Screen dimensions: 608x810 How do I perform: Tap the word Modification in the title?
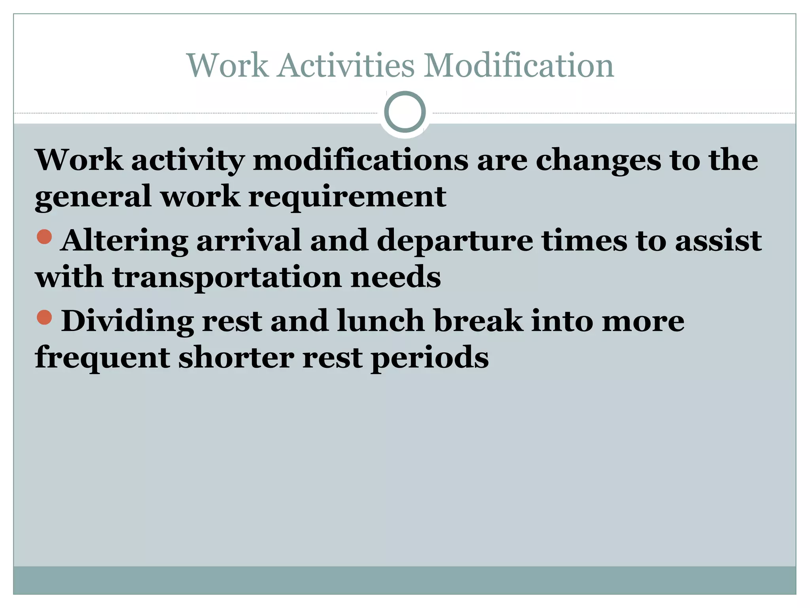[519, 65]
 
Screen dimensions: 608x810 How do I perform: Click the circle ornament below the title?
[405, 112]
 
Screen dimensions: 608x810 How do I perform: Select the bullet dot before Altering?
[44, 237]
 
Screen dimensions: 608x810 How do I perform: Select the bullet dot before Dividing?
[44, 317]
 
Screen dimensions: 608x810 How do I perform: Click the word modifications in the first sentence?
[360, 160]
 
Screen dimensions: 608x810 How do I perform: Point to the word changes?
[598, 160]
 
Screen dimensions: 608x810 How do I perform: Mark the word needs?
[396, 277]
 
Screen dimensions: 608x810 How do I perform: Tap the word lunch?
[380, 321]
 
